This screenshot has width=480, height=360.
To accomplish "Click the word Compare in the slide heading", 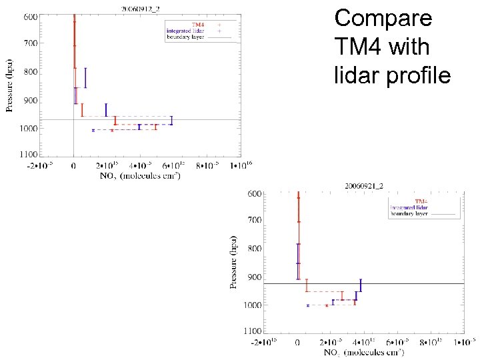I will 383,18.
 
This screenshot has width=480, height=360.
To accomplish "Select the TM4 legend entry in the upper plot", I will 199,24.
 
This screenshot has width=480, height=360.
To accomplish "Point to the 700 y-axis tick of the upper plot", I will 30,43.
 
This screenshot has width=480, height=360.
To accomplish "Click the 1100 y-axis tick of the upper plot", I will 28,155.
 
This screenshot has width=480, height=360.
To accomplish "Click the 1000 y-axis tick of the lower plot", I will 253,305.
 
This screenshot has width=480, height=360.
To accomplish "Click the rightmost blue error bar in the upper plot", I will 171,121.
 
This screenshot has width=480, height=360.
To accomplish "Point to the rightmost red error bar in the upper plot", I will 156,126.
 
